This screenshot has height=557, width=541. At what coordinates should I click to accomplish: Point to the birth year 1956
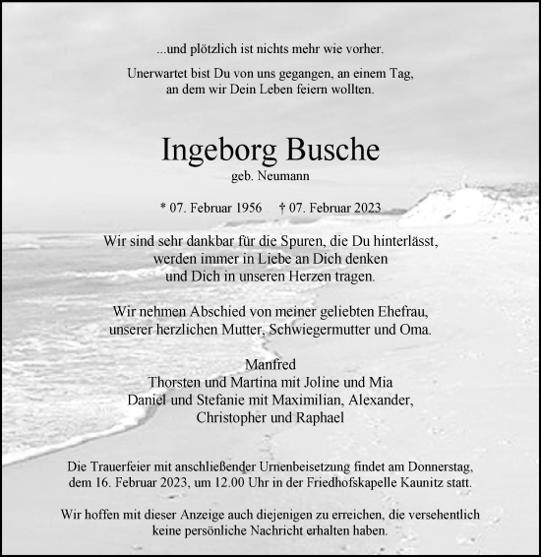tap(238, 208)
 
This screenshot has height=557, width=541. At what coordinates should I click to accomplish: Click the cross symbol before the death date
tap(282, 208)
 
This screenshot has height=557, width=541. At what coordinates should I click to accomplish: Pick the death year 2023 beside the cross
tap(361, 208)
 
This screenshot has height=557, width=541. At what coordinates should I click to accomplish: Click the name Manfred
tap(270, 366)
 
